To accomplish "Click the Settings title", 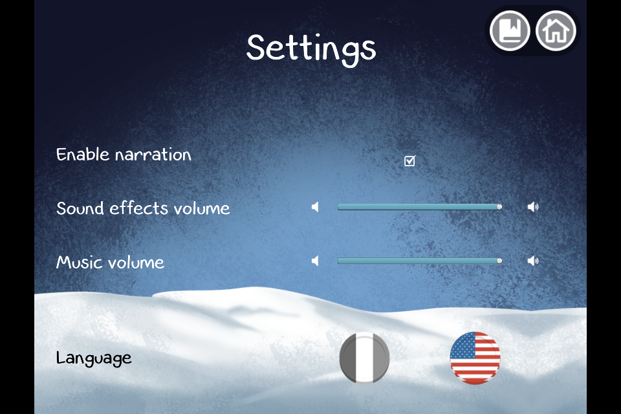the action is [311, 49].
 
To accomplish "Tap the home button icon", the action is [556, 30].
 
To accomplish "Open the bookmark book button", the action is [510, 30].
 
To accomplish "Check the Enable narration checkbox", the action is [409, 161].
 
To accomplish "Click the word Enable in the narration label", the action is [83, 154].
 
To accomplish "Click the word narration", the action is [153, 155].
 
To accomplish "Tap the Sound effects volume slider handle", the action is [499, 207].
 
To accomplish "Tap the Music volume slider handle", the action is [499, 261].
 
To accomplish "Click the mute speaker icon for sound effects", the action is [315, 207].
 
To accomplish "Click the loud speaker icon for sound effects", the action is [533, 207].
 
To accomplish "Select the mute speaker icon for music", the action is [315, 261].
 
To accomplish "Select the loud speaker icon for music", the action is [533, 261].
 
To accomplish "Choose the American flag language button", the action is [475, 358].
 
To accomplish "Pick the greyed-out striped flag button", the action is [364, 358].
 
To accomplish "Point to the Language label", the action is [94, 358].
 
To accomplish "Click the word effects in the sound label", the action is [138, 208].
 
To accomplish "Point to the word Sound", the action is [80, 208].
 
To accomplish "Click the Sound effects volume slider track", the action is [419, 207].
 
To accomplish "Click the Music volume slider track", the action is [419, 261].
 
